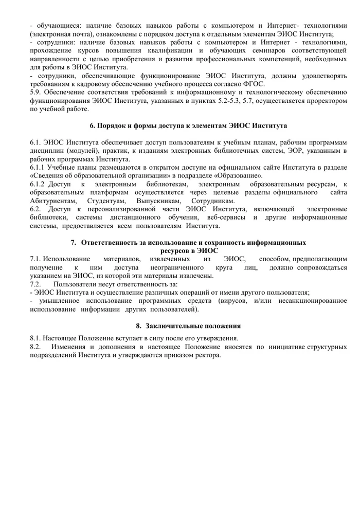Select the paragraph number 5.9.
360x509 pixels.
coord(37,93)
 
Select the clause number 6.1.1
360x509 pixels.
coord(39,167)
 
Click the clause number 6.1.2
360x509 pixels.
coord(39,184)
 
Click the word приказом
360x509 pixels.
coord(182,355)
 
